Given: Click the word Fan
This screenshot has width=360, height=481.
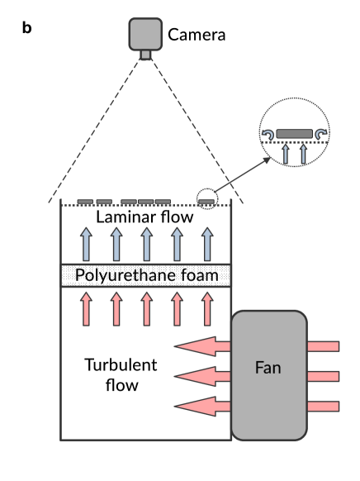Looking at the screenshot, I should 268,368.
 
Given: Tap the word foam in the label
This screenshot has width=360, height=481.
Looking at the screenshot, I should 200,275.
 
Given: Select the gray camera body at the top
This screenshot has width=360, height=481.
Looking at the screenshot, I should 145,33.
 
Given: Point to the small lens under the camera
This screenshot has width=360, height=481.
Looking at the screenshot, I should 145,55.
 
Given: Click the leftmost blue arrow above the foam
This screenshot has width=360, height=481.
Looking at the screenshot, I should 85,245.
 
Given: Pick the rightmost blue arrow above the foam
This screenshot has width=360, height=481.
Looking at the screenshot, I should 207,245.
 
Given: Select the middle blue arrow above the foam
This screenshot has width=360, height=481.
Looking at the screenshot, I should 146,245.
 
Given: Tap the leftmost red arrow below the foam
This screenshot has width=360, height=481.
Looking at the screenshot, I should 85,308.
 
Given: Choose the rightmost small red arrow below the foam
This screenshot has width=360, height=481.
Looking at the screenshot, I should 207,308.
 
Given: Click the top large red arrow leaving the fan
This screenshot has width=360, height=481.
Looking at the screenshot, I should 203,345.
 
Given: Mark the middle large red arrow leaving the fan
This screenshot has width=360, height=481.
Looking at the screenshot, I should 203,376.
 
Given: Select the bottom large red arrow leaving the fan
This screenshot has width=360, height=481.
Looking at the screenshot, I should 203,407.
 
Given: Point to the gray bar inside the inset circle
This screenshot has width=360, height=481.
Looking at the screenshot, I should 294,132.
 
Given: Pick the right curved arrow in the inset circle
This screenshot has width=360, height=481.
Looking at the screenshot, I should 320,134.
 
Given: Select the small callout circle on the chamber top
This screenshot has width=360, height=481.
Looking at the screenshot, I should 207,199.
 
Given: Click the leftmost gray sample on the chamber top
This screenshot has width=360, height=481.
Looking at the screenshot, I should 85,201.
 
